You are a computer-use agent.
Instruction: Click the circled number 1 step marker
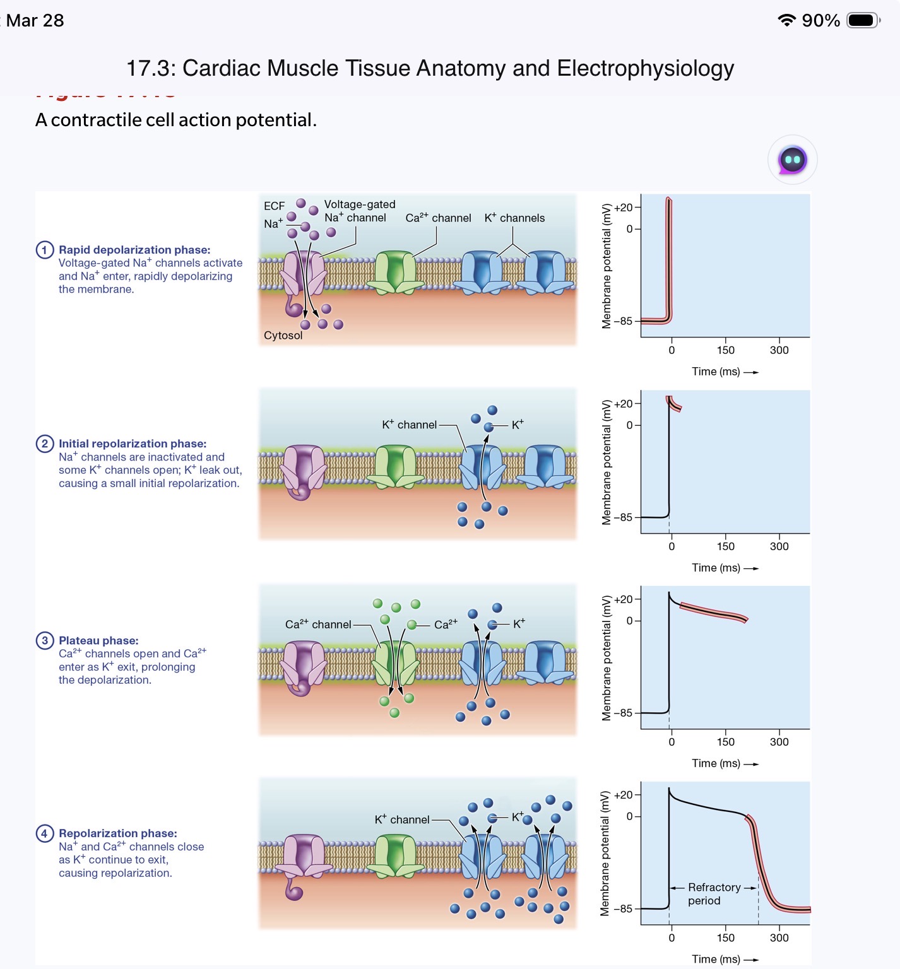pyautogui.click(x=44, y=250)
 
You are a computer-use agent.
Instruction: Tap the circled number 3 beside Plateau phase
pyautogui.click(x=44, y=640)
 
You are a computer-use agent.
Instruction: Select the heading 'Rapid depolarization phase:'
pyautogui.click(x=134, y=250)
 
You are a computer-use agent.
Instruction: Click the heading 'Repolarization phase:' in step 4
pyautogui.click(x=118, y=833)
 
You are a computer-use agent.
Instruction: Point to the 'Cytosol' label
pyautogui.click(x=283, y=336)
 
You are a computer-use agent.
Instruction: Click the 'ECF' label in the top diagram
pyautogui.click(x=274, y=206)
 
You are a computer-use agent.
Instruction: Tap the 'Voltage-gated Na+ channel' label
pyautogui.click(x=358, y=211)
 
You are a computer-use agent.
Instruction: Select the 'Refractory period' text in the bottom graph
pyautogui.click(x=713, y=894)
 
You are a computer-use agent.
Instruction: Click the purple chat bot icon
pyautogui.click(x=792, y=160)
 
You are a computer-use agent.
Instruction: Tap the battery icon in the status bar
pyautogui.click(x=863, y=20)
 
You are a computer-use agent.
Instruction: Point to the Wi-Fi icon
pyautogui.click(x=786, y=20)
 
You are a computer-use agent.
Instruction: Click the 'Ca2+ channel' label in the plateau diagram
pyautogui.click(x=318, y=625)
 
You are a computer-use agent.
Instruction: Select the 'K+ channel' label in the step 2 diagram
pyautogui.click(x=409, y=425)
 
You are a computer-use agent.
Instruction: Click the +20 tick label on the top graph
pyautogui.click(x=623, y=208)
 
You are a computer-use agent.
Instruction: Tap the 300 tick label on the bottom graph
pyautogui.click(x=779, y=938)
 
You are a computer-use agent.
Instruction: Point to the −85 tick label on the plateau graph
pyautogui.click(x=622, y=713)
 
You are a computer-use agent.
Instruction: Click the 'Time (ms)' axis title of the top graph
pyautogui.click(x=716, y=372)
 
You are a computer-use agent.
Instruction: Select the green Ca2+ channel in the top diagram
pyautogui.click(x=395, y=273)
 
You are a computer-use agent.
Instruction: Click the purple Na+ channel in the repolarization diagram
pyautogui.click(x=304, y=858)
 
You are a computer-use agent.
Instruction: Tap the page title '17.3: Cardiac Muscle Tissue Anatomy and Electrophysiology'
pyautogui.click(x=430, y=68)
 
